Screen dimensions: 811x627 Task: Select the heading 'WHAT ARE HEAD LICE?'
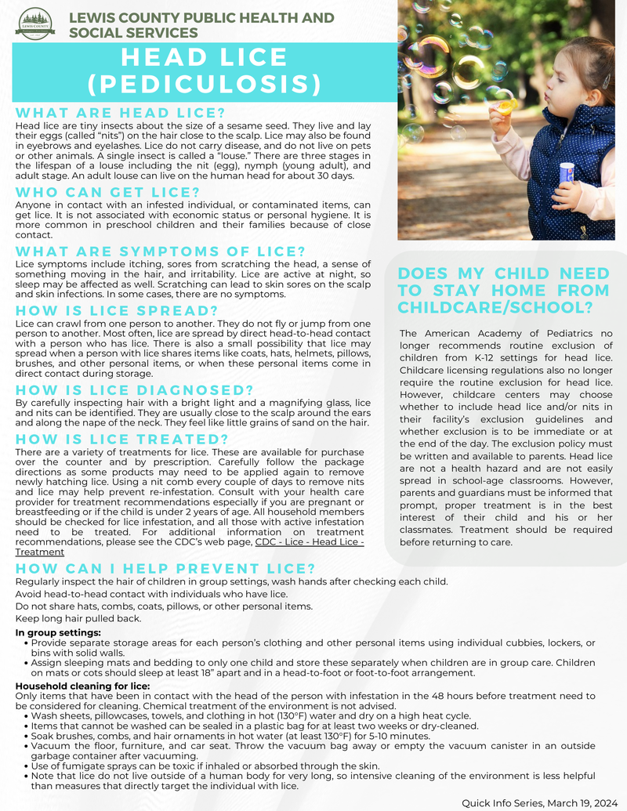(x=121, y=113)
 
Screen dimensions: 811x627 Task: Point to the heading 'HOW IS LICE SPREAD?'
(x=117, y=311)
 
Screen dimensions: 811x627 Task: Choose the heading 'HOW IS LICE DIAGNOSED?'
(x=135, y=390)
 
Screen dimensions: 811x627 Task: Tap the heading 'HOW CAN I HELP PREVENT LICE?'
(x=165, y=569)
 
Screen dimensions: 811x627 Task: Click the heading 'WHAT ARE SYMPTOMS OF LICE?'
(x=160, y=252)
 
